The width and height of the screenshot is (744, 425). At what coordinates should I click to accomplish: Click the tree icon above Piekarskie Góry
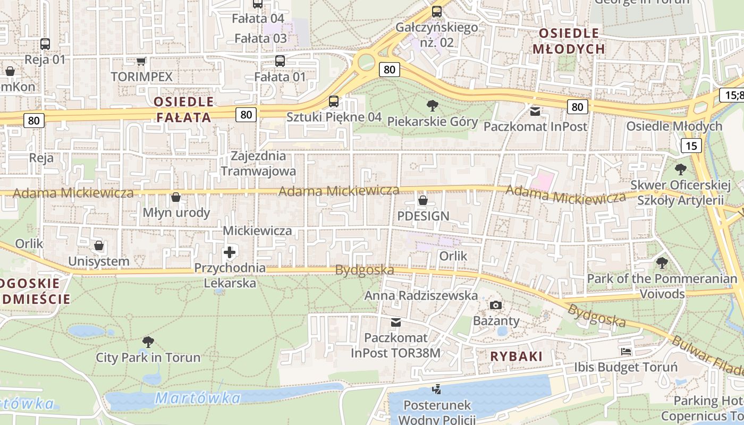coord(433,105)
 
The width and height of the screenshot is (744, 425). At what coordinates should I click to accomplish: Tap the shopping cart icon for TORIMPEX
coord(141,61)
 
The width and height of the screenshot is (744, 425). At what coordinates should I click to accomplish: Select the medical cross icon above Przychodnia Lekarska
coord(230,252)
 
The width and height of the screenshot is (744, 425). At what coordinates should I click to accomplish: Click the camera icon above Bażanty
coord(496,305)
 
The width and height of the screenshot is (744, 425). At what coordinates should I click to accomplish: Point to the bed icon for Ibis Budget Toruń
coord(626,352)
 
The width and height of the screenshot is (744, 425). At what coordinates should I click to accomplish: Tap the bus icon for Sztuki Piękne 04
coord(334,101)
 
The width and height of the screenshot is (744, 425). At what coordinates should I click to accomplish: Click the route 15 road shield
coord(691,146)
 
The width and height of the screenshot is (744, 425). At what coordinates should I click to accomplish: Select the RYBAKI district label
coord(517,356)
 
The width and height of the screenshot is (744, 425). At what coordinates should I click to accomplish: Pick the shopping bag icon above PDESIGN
coord(423,200)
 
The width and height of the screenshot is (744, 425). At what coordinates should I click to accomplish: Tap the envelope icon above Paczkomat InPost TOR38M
coord(396,322)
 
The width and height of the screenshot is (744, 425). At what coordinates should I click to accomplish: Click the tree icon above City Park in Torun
coord(148,342)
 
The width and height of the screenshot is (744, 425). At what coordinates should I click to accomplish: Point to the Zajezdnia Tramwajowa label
coord(258,164)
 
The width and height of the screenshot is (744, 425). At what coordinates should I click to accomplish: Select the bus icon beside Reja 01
coord(45,44)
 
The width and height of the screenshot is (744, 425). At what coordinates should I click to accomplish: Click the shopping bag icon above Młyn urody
coord(176,197)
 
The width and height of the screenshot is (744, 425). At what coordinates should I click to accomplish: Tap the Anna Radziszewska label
coord(421,295)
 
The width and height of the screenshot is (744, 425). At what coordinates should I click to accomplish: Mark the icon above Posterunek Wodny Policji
coord(437,389)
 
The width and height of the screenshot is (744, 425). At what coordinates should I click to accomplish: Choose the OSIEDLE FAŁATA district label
coord(184,109)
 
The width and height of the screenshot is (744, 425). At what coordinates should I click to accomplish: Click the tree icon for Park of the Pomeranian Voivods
coord(662,262)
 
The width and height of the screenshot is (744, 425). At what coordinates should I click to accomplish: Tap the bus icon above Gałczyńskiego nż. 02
coord(437,11)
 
